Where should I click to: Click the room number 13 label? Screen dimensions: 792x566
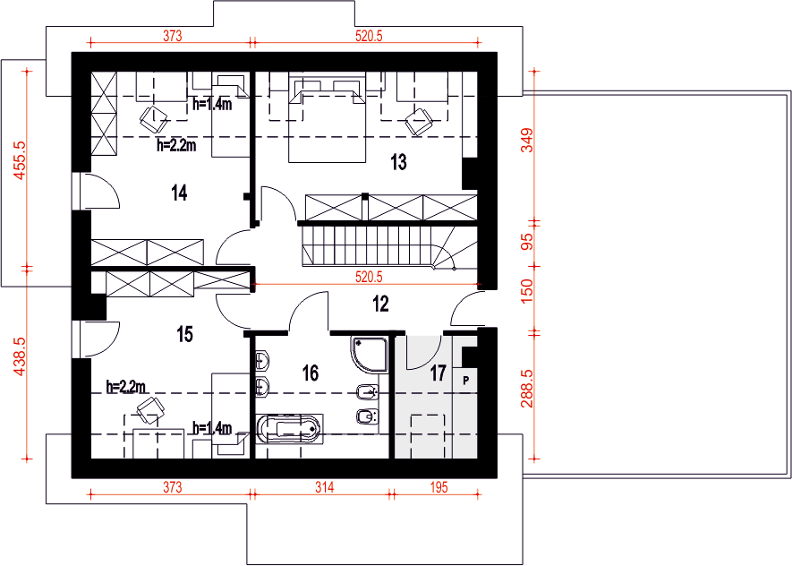point(398,162)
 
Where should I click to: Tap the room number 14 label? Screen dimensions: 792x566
point(179,193)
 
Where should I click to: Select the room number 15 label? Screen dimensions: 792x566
point(185,334)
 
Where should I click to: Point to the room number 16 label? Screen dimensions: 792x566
point(311,373)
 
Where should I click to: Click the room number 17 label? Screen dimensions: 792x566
point(438,373)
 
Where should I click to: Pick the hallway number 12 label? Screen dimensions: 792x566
point(380,304)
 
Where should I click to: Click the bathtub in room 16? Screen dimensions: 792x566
point(289,429)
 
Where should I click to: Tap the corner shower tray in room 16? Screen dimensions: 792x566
point(369,356)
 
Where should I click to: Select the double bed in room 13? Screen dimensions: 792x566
point(327,120)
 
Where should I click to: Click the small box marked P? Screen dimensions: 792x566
point(465,380)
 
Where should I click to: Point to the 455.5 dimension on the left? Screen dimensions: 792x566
point(20,160)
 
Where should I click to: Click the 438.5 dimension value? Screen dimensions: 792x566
point(20,356)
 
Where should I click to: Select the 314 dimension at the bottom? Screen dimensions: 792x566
point(325,487)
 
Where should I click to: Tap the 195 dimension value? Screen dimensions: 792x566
point(439,487)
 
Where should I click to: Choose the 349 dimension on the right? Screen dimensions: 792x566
point(527,141)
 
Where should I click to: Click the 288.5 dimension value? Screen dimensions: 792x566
point(527,389)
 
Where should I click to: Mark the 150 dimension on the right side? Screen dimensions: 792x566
point(527,292)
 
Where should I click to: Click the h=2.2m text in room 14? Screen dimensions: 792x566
point(176,146)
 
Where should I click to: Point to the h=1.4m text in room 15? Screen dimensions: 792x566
point(212,429)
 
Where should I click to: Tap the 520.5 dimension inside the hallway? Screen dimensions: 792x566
point(369,277)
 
